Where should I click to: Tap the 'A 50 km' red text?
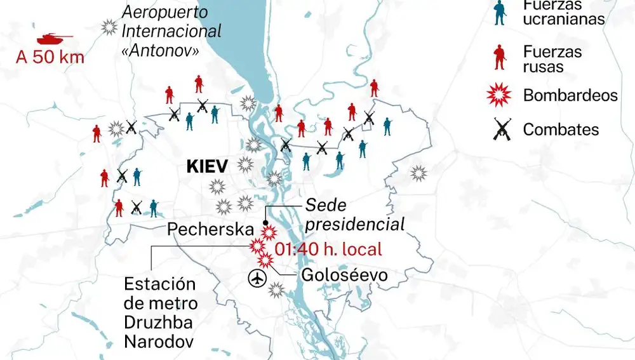point(50,58)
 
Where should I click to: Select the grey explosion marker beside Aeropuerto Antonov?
point(109,27)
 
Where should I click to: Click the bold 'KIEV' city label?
point(206,167)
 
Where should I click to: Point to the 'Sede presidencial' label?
point(354,214)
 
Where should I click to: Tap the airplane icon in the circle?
point(257,278)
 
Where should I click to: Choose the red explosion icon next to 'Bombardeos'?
point(500,95)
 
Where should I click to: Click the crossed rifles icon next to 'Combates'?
point(502,130)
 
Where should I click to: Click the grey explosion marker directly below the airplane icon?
point(276,291)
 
